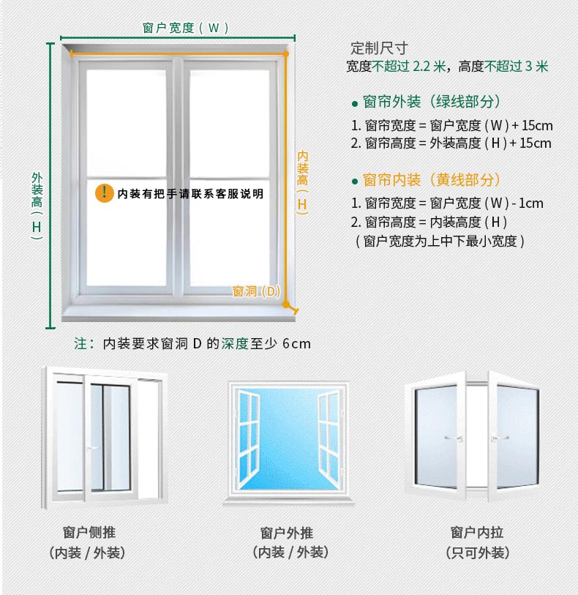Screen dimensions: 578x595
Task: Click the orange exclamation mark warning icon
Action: point(105,193)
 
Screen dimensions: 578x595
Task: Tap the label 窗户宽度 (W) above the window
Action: point(185,28)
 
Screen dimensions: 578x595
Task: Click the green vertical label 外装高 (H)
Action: point(37,206)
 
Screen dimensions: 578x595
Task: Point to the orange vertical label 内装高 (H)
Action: point(302,182)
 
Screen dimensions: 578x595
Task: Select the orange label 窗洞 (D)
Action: point(256,291)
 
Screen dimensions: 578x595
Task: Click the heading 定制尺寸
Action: point(379,48)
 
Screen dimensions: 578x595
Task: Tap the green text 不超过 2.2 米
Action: point(409,67)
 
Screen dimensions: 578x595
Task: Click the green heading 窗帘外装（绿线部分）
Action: point(432,102)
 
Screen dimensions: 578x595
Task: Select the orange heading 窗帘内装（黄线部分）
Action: point(432,180)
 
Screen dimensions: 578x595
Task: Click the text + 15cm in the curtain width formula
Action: point(532,126)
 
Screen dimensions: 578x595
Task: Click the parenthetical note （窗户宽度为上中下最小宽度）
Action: point(440,242)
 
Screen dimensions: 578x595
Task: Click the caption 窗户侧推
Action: point(89,532)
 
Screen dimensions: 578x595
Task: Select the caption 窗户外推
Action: point(287,533)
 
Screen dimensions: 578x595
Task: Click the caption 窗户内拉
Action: point(477,533)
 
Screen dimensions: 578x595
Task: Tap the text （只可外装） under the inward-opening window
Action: point(477,553)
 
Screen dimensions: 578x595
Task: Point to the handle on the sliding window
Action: point(94,448)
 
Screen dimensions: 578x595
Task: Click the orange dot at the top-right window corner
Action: point(285,54)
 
